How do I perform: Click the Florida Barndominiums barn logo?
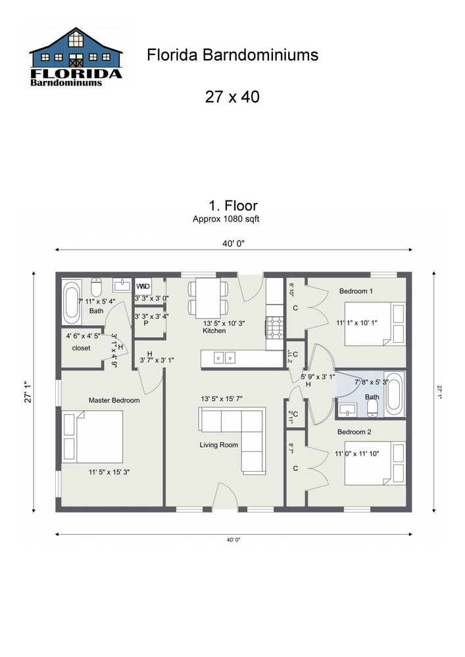76,58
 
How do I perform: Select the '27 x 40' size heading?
232,97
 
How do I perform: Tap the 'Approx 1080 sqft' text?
226,219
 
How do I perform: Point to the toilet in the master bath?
97,287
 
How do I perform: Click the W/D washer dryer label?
143,286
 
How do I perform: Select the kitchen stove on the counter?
274,326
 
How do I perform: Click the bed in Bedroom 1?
376,323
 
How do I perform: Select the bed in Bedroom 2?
375,464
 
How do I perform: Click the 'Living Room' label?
219,445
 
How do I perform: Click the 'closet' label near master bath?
82,348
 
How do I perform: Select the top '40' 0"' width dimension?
233,244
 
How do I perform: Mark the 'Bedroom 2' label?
355,432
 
